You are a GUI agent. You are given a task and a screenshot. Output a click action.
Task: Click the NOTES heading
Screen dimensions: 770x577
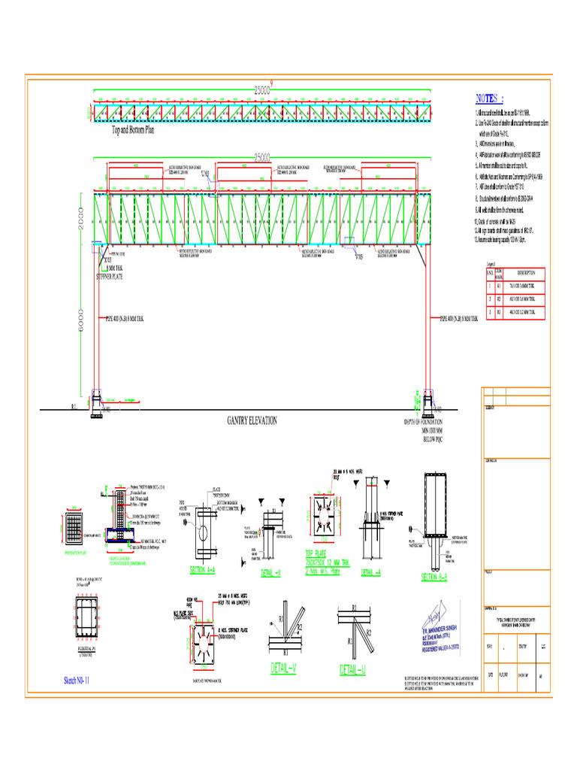[490, 99]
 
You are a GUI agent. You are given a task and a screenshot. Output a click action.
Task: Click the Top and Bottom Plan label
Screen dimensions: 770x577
[133, 129]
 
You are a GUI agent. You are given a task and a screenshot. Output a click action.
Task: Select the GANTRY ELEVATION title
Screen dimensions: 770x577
[252, 420]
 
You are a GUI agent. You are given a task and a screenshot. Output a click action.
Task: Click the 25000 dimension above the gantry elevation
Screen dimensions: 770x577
[261, 157]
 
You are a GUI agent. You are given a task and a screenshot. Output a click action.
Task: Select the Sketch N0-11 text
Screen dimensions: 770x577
[77, 681]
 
